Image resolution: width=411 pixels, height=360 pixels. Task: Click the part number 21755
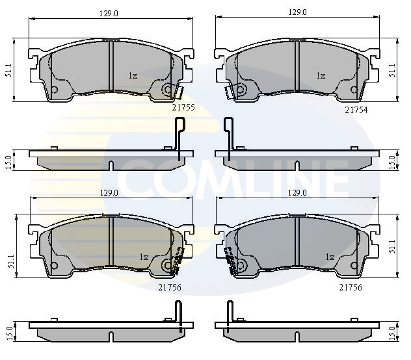183,107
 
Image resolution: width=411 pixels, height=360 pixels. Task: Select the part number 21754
356,110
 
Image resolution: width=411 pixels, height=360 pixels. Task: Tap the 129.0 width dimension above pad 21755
109,14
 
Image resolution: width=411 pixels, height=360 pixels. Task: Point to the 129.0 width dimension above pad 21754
297,12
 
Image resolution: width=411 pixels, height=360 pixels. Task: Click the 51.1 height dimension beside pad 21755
9,70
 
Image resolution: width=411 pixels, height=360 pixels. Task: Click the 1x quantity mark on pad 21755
133,76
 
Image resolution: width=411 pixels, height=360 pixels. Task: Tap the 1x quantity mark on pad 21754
321,76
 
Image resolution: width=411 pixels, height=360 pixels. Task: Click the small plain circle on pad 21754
354,90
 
